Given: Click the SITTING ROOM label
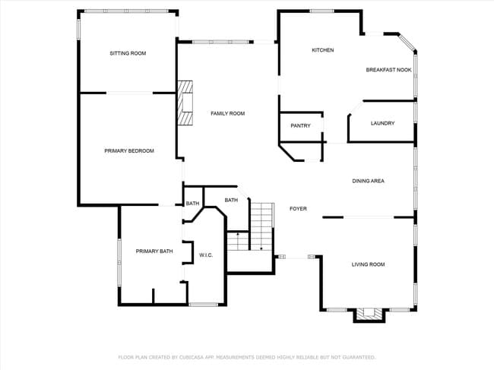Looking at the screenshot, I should pos(128,53).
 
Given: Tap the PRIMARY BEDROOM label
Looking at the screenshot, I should pos(129,151).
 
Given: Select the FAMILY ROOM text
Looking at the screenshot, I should pos(227,113).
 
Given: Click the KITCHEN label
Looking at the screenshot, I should pos(323,50).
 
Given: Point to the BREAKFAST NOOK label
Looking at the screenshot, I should pos(388,70).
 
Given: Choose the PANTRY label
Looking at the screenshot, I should pos(300,125).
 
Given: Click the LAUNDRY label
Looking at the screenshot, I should pos(382,123).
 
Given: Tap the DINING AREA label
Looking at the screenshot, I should pos(368,181).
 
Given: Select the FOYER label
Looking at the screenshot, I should pos(298,208).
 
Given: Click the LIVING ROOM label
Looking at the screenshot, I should pos(368,264).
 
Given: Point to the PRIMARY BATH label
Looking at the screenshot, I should pos(154,251).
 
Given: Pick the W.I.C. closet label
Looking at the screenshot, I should pos(205,255).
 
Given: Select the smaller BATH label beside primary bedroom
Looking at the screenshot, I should pos(192,204).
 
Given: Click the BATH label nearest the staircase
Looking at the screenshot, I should pos(231,200).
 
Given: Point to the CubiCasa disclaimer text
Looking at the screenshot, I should pos(246,356).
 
